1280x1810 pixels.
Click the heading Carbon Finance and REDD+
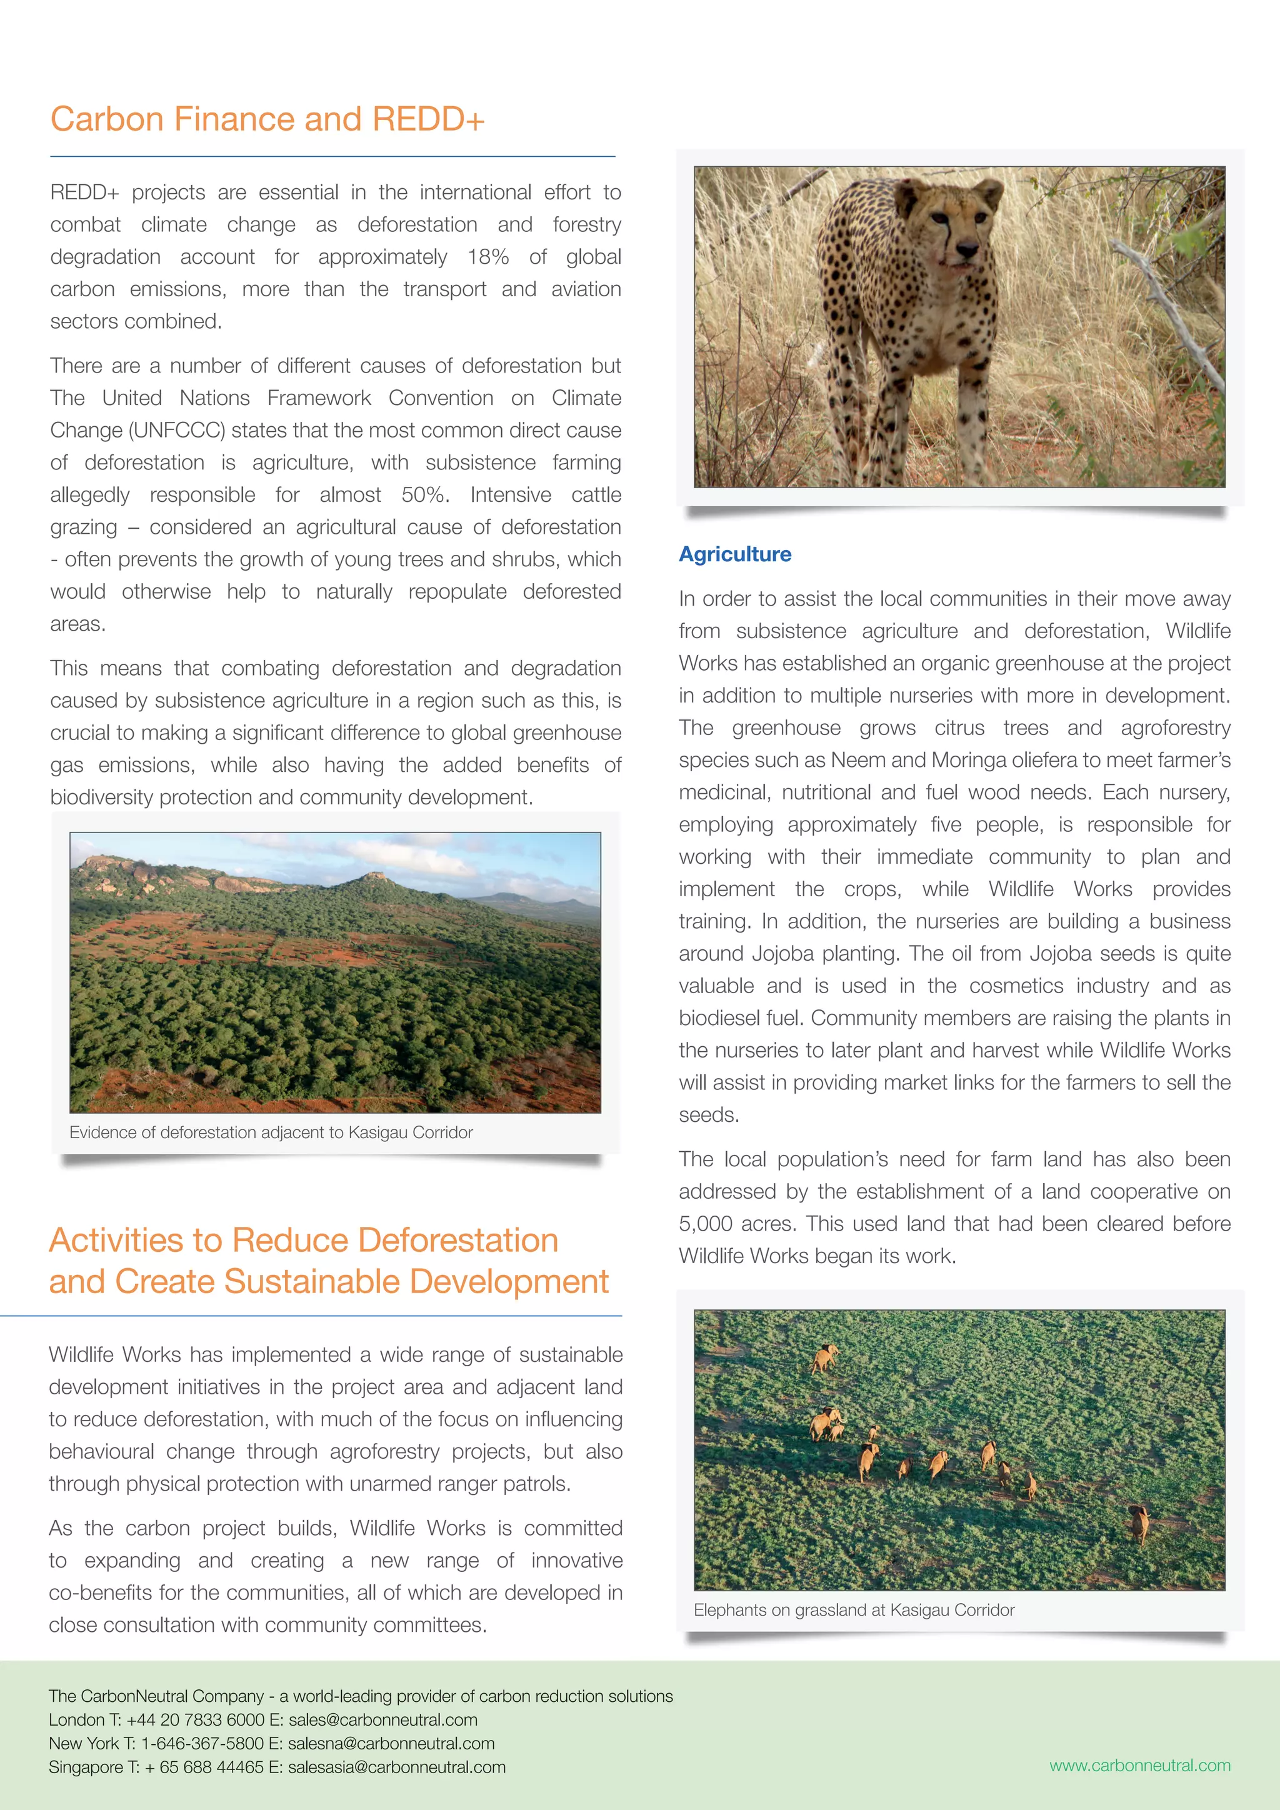point(267,119)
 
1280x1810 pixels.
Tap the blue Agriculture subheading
point(734,554)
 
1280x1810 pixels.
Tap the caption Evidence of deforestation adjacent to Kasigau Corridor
point(271,1132)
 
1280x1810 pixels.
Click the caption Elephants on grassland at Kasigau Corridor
point(854,1610)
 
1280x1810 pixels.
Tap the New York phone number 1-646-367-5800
point(202,1743)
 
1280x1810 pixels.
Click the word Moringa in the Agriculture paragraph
point(967,760)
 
